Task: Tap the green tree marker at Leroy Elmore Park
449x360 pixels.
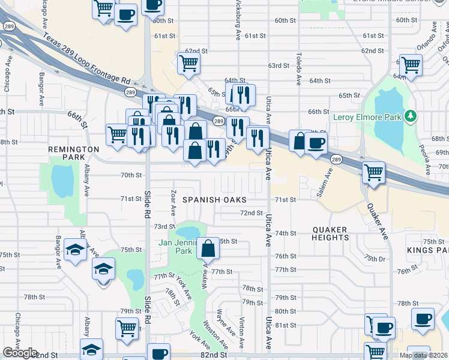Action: [x=411, y=115]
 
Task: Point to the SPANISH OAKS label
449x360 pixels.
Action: [x=215, y=199]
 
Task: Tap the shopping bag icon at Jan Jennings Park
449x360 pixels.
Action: [x=208, y=248]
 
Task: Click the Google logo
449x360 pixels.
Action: [x=20, y=353]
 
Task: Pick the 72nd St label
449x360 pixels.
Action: [x=252, y=213]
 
